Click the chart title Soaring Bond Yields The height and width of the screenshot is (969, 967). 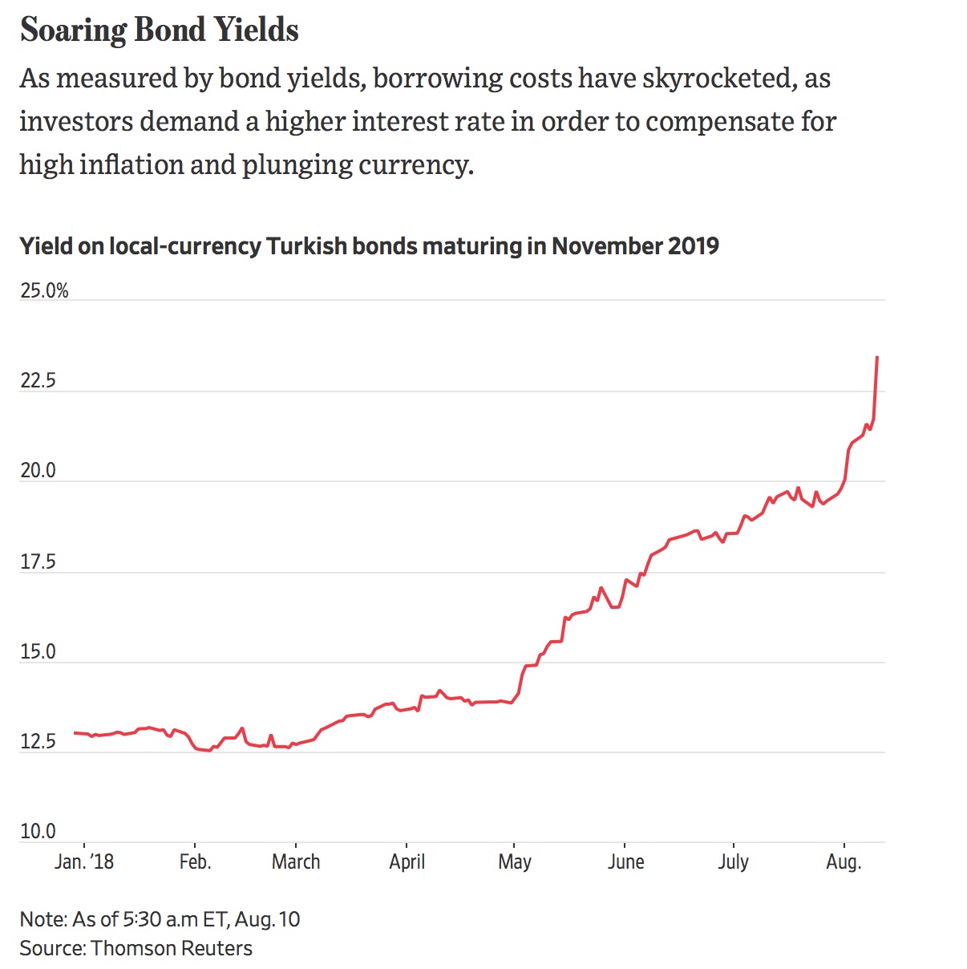point(160,30)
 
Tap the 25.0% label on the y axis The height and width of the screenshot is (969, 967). point(44,290)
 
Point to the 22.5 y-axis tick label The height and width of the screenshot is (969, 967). point(38,380)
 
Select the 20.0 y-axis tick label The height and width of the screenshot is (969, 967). point(38,471)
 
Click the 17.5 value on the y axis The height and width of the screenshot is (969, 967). point(38,562)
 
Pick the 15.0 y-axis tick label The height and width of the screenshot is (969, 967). point(38,651)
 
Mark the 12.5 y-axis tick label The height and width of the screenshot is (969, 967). point(38,741)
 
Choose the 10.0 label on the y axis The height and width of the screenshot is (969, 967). point(38,831)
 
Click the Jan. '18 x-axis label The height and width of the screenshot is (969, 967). point(84,862)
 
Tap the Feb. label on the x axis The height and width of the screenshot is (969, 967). point(196,862)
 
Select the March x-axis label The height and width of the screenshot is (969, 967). point(296,862)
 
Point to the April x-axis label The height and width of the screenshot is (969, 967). point(407,862)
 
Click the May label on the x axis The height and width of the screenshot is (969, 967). point(514,862)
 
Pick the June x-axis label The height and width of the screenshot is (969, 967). point(625,862)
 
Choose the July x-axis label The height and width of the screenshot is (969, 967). point(733,862)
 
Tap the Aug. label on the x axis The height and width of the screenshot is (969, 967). point(844,862)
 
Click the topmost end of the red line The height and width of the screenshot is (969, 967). point(877,357)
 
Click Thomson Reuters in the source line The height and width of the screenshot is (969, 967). point(172,948)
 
